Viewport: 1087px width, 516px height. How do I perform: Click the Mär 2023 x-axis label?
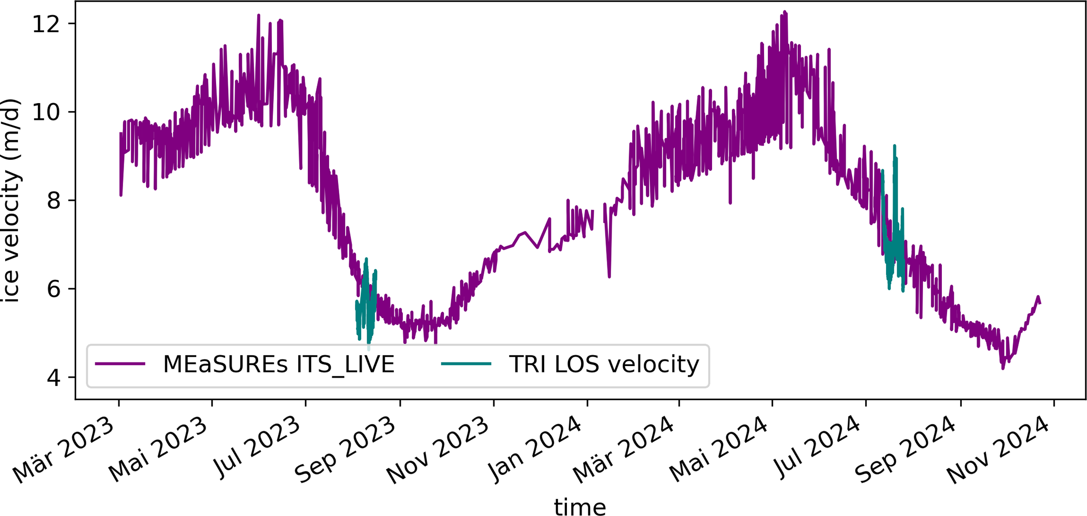pyautogui.click(x=64, y=450)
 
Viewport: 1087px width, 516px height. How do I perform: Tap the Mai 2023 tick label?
pyautogui.click(x=158, y=450)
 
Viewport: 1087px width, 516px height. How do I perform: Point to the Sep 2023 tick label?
pyautogui.click(x=345, y=450)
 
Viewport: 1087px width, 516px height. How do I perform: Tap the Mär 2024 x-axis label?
pyautogui.click(x=624, y=450)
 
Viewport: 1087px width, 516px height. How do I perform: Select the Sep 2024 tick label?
pyautogui.click(x=905, y=450)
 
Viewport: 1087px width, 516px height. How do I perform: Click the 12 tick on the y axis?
pyautogui.click(x=46, y=24)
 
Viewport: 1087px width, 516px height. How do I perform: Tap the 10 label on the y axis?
pyautogui.click(x=46, y=112)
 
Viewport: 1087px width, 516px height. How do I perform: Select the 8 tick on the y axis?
pyautogui.click(x=54, y=200)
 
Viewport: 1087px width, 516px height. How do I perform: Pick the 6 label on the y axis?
pyautogui.click(x=54, y=289)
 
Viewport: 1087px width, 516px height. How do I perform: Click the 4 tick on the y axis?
pyautogui.click(x=54, y=378)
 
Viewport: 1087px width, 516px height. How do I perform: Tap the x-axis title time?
pyautogui.click(x=580, y=507)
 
